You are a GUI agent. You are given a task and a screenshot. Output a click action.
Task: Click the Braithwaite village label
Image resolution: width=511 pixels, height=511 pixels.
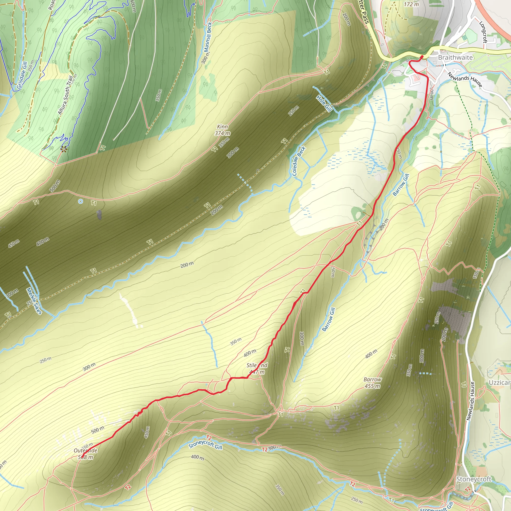coord(455,57)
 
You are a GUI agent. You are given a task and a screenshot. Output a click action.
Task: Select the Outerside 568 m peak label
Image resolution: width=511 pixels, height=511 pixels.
coord(86,454)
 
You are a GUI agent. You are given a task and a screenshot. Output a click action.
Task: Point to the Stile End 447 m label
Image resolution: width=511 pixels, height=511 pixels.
coord(257,369)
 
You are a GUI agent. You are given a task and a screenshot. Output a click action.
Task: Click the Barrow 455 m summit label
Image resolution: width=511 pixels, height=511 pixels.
coord(373,383)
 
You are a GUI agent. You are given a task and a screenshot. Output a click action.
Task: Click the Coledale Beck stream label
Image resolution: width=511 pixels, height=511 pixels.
coord(299,161)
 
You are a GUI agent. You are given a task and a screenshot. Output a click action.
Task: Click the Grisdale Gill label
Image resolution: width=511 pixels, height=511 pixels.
coord(22,75)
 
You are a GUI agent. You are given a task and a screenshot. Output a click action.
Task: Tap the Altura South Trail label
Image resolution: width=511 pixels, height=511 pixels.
coord(65,95)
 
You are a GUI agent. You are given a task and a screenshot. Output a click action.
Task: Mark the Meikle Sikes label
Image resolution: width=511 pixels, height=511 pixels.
coord(34,301)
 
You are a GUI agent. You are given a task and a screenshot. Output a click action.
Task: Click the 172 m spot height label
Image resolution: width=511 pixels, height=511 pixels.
coord(411,4)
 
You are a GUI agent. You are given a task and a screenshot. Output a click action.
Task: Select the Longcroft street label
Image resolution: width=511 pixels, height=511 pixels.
coord(483,32)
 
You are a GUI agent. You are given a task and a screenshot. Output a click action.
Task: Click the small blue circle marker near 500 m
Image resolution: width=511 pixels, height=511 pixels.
coord(80,202)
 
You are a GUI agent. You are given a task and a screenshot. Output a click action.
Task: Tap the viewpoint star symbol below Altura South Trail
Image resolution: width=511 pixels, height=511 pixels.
coord(63,149)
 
